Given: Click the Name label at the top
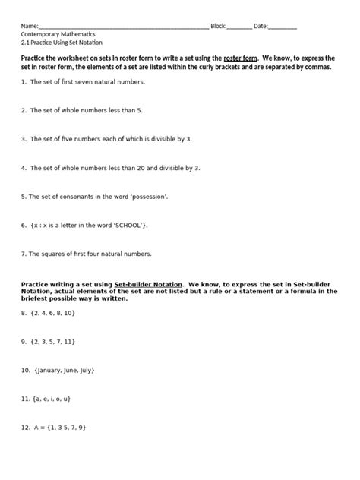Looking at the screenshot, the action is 29,26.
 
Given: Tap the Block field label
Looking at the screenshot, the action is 219,26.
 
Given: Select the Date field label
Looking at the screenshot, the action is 261,26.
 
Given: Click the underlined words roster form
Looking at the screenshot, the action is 241,58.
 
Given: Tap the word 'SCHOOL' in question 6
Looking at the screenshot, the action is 127,225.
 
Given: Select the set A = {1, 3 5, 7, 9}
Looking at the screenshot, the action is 61,427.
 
